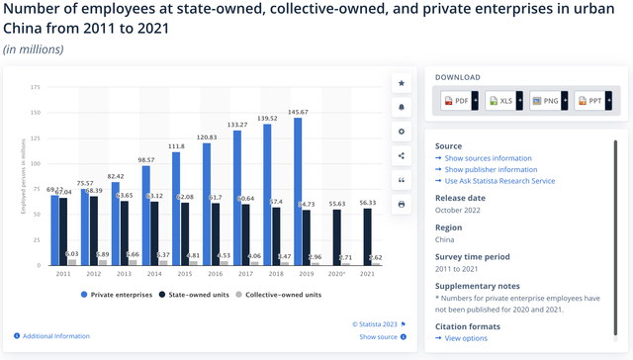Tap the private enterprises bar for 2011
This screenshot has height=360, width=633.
(55, 230)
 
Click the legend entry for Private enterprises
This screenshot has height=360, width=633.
(117, 294)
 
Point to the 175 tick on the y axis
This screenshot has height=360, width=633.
(35, 87)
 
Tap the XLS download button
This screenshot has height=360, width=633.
(503, 102)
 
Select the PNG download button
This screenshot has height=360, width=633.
(548, 102)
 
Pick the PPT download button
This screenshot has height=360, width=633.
(591, 102)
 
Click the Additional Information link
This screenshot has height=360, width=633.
(55, 336)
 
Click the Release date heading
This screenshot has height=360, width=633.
(461, 197)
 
